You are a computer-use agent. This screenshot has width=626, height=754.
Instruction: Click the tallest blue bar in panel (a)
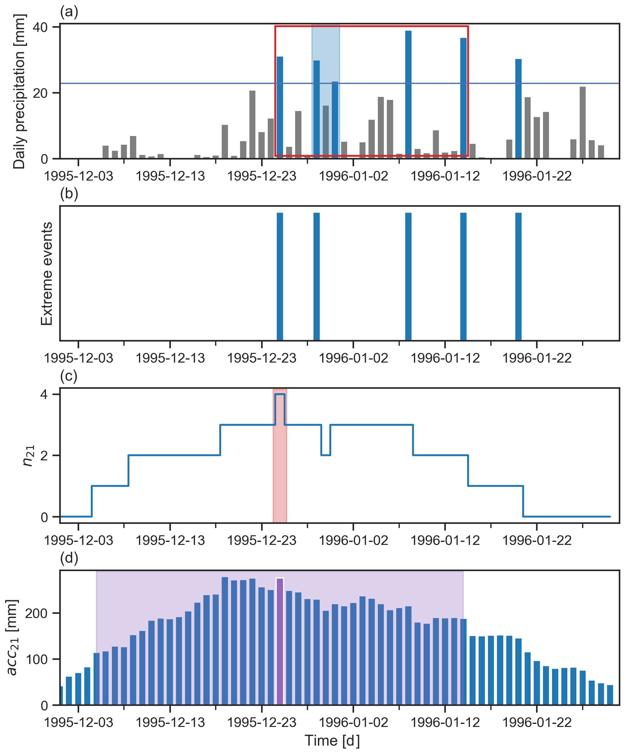(x=408, y=94)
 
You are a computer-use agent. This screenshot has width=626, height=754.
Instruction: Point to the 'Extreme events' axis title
(x=47, y=274)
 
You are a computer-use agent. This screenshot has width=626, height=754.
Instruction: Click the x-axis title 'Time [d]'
(x=332, y=740)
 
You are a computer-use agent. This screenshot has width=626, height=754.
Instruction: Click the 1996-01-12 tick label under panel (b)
(x=445, y=358)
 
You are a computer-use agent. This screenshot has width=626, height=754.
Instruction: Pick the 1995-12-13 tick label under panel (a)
(x=170, y=176)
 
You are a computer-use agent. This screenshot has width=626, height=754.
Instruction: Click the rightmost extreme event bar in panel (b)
(x=518, y=277)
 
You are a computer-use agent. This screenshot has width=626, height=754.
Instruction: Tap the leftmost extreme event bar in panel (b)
(x=280, y=277)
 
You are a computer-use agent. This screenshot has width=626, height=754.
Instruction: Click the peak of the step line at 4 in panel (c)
(x=280, y=394)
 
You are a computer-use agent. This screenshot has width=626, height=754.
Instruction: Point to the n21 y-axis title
(x=28, y=456)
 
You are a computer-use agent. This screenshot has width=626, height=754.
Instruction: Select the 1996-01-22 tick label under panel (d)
(x=537, y=722)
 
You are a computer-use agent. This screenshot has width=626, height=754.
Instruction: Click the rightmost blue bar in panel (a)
(x=518, y=108)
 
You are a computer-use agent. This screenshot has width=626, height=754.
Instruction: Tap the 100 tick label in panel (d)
(x=36, y=659)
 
